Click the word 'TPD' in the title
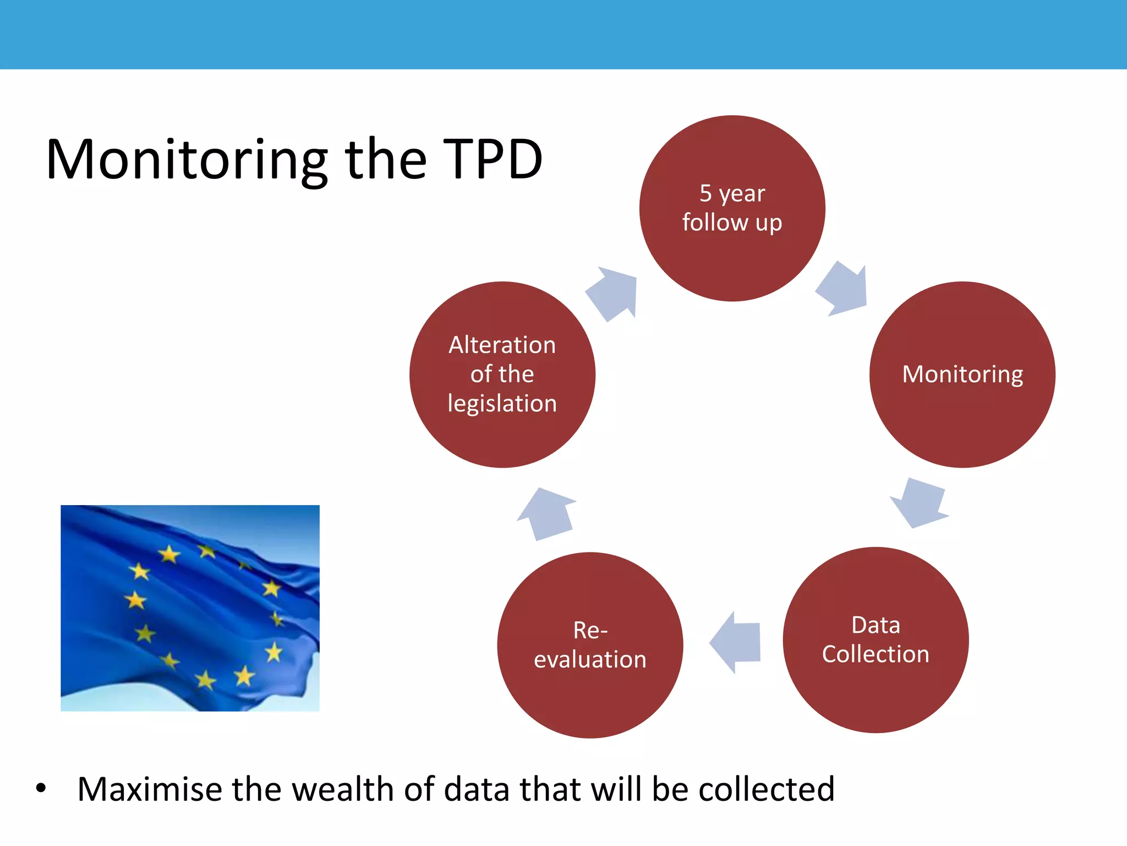pyautogui.click(x=493, y=160)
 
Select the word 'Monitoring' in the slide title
pyautogui.click(x=187, y=160)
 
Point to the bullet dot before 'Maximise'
pyautogui.click(x=41, y=789)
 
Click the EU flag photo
pyautogui.click(x=190, y=608)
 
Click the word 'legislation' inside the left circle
pyautogui.click(x=502, y=404)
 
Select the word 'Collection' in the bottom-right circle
pyautogui.click(x=875, y=654)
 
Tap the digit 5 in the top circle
pyautogui.click(x=705, y=193)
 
